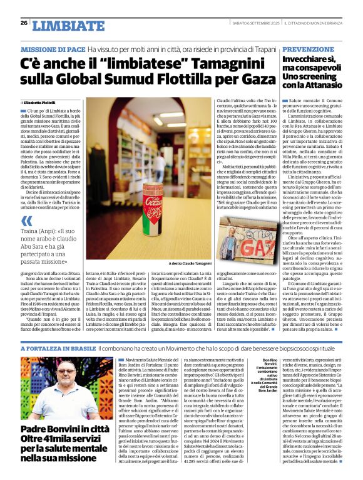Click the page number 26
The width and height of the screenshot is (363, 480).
tap(24, 23)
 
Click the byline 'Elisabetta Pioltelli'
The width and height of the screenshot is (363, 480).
tap(43, 102)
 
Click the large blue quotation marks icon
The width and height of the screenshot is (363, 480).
tap(26, 221)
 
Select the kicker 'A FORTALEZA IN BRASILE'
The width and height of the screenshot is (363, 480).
tap(58, 347)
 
